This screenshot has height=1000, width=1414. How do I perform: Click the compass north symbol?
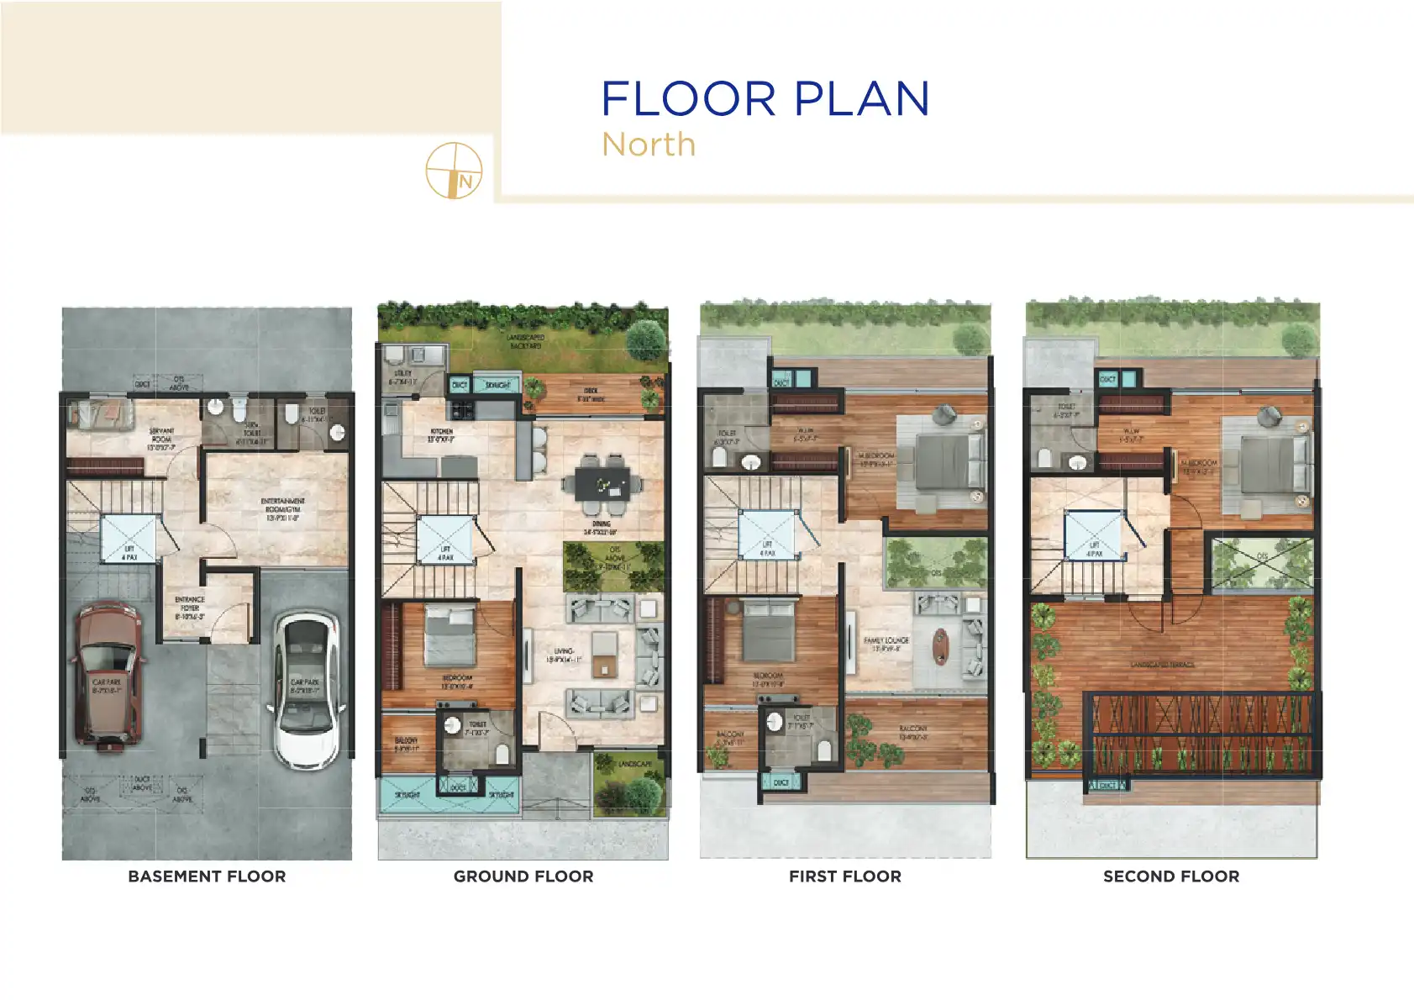[454, 171]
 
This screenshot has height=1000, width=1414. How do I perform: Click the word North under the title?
[649, 145]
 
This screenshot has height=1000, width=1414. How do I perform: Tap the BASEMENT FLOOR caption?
[207, 876]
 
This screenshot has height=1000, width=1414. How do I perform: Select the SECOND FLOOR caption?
[1171, 876]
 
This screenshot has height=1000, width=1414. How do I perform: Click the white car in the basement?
[308, 689]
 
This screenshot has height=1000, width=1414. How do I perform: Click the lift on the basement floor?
[129, 538]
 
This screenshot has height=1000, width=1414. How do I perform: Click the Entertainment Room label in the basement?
[282, 509]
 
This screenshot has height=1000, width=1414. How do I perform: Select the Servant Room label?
[161, 439]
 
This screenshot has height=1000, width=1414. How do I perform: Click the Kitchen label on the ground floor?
[441, 434]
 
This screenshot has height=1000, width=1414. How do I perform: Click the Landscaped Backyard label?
[525, 341]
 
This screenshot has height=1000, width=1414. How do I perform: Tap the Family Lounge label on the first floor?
[886, 644]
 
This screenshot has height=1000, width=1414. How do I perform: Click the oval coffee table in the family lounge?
[939, 645]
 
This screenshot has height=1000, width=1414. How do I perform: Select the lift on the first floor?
[766, 534]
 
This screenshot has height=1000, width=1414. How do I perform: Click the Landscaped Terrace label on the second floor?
[1162, 664]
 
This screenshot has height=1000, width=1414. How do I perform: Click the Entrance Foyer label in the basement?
[189, 608]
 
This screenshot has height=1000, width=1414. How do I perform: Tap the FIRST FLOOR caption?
[844, 876]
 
